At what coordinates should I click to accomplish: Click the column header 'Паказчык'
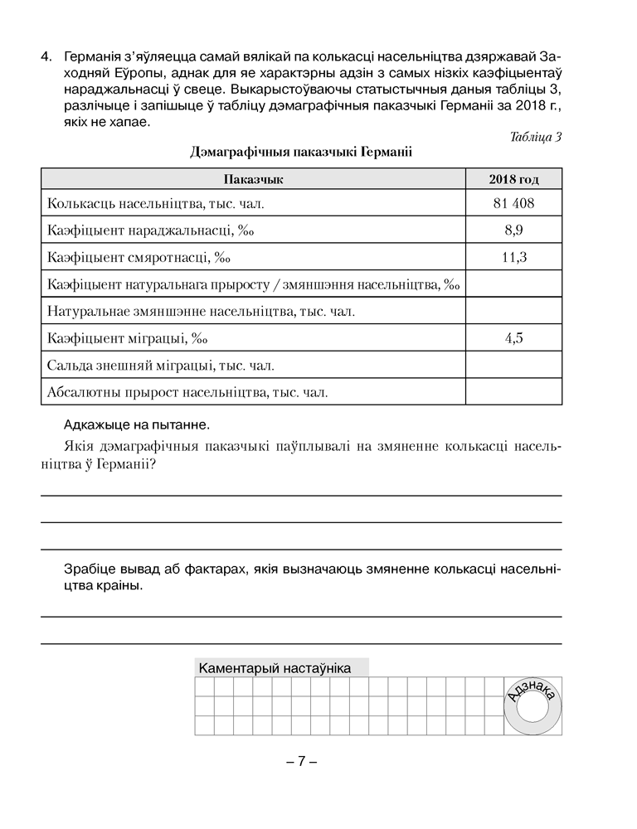(x=253, y=179)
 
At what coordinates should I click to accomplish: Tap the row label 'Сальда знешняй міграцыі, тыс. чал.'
(x=161, y=364)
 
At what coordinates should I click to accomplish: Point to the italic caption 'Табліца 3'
(x=536, y=137)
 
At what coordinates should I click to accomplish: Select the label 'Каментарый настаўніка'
(x=275, y=668)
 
